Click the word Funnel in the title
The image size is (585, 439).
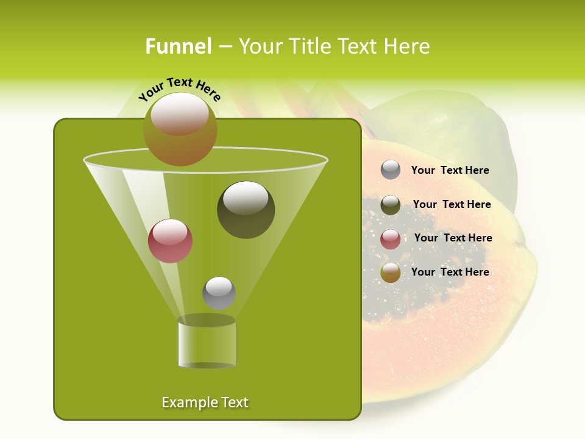pos(178,46)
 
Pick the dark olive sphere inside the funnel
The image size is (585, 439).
pos(246,210)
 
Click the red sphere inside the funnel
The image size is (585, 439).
pos(170,241)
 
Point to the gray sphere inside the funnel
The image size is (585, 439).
pos(219,293)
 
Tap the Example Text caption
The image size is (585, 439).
pos(205,402)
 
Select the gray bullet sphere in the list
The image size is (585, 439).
pos(391,170)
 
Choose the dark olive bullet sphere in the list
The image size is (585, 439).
pos(391,205)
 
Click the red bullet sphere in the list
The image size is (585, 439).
pos(391,239)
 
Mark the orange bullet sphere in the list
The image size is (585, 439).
pos(391,273)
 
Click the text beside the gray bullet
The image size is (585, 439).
pos(450,170)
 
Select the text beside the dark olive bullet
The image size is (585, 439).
pos(452,204)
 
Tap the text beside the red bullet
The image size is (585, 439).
pos(453,238)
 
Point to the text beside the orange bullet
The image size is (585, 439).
pos(450,272)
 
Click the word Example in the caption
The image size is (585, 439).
pos(185,402)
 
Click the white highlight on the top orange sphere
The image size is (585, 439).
pos(180,113)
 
